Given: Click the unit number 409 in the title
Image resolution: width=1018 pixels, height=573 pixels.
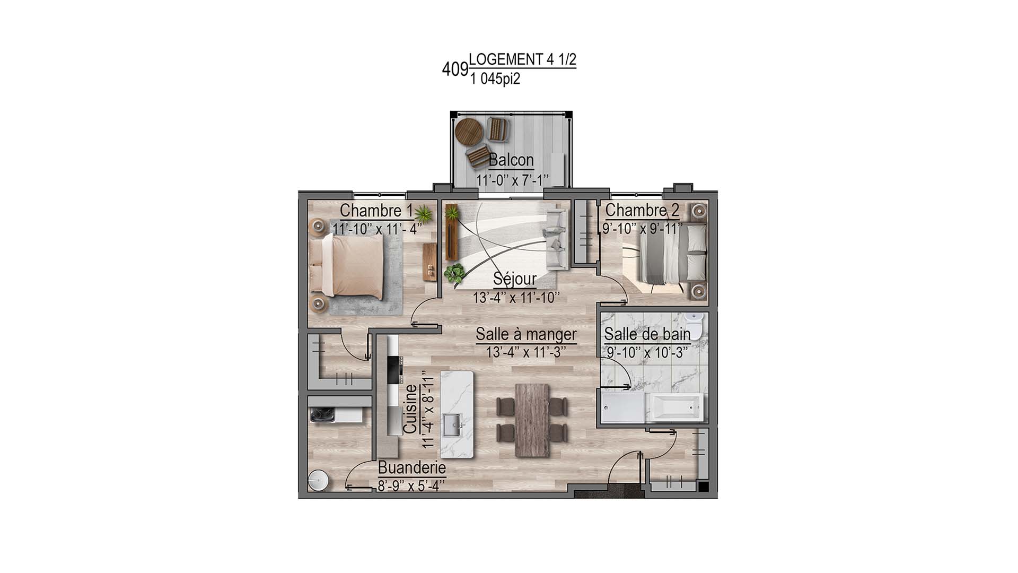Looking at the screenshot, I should click(455, 69).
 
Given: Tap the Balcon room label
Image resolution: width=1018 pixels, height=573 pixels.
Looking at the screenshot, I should click(511, 159).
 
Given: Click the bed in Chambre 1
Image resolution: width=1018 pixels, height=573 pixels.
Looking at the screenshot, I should click(347, 265).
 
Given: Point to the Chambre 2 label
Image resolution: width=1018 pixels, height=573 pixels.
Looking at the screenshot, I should click(642, 210).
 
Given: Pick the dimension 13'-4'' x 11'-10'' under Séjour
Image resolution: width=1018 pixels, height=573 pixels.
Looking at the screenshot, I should click(516, 298).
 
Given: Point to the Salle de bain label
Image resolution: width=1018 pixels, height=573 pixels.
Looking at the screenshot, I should click(647, 334).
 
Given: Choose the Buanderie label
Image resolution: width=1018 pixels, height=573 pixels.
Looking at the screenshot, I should click(412, 468).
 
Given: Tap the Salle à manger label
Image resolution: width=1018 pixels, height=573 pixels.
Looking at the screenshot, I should click(526, 334).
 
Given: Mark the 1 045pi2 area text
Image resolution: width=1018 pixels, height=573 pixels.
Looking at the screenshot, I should click(495, 79).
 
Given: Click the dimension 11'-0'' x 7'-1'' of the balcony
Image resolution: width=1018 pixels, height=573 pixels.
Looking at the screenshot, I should click(512, 180).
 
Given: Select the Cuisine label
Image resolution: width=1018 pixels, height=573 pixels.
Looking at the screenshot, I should click(410, 409).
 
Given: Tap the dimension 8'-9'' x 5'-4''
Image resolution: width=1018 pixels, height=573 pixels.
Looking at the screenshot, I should click(411, 485).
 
